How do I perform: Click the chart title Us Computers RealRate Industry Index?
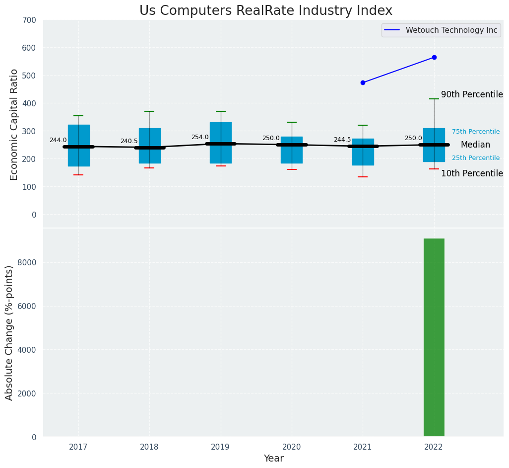265,10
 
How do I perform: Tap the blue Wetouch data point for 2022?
434,57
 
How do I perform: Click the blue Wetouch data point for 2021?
363,82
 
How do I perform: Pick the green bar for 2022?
434,337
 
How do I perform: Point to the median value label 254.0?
200,137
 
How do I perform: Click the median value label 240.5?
129,141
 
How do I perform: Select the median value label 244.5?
342,140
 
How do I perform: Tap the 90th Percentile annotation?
472,94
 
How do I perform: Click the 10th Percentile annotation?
472,173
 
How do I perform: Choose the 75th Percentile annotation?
476,132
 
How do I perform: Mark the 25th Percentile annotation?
476,158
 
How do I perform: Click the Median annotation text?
475,145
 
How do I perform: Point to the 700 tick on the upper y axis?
29,20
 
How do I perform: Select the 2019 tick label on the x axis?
220,447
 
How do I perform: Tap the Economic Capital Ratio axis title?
14,124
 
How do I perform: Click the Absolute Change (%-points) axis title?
9,332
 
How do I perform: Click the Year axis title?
273,459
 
